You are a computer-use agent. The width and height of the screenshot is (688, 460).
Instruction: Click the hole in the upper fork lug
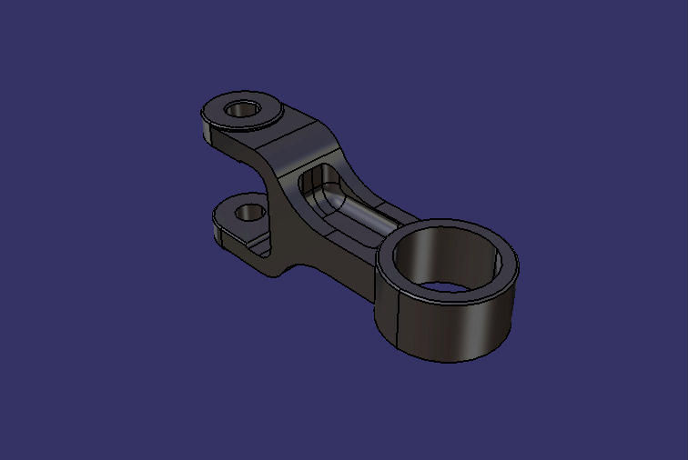click(243, 109)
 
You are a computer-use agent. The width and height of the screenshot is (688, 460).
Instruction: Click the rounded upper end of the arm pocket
click(315, 177)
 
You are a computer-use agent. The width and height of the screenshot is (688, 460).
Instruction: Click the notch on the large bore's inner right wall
click(496, 264)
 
